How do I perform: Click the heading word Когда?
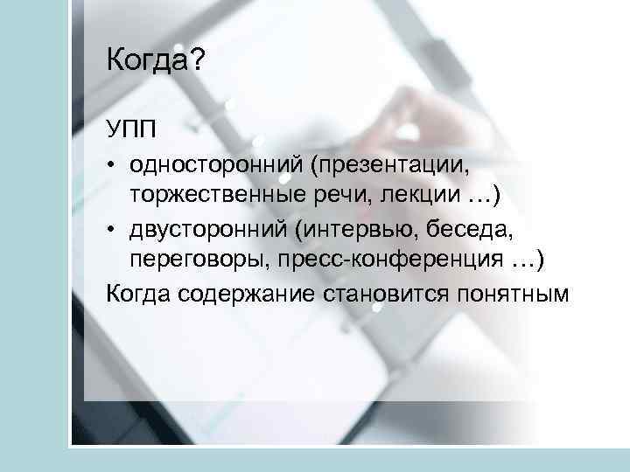pos(155,62)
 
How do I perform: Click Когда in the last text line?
pos(139,292)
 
